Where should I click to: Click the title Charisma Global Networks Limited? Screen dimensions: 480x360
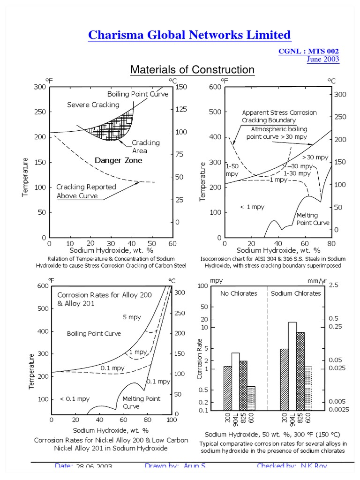[189, 35]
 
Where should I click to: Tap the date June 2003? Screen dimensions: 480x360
[323, 59]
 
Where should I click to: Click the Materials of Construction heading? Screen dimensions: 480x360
[192, 70]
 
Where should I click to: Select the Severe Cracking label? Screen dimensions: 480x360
[93, 105]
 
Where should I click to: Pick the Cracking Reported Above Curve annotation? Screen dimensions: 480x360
[86, 191]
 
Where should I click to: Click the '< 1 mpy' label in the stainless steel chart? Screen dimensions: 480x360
[252, 207]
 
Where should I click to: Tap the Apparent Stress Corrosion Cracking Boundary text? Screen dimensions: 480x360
[279, 116]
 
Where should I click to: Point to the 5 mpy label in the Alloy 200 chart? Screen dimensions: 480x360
[132, 317]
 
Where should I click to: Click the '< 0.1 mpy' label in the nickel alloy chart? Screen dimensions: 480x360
[75, 399]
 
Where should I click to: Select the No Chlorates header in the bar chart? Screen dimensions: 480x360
[239, 293]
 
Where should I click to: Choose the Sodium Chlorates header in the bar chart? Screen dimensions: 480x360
[296, 293]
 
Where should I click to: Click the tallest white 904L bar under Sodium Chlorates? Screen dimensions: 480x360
[292, 366]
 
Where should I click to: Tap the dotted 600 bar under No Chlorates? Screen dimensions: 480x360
[251, 398]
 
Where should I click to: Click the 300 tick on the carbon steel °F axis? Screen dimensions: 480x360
[40, 87]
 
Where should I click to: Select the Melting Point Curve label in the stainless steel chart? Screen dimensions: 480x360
[313, 219]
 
